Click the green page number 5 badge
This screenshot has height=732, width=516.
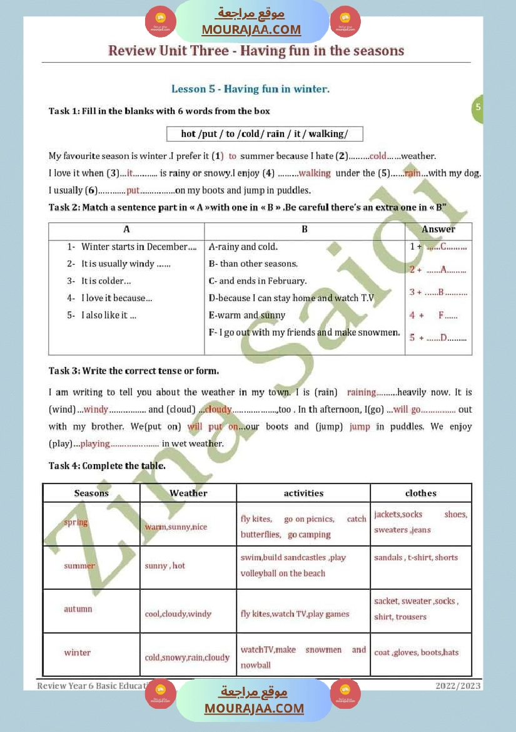pos(478,107)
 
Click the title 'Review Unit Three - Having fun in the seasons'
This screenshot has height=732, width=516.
pos(256,51)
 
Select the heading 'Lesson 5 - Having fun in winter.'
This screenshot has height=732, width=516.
pos(250,89)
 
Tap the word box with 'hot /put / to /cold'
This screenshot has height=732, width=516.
pos(264,133)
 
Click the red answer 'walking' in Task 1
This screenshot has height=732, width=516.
pos(315,173)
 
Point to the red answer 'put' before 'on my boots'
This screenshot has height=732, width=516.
pos(133,190)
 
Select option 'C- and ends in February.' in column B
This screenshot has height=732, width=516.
pos(258,281)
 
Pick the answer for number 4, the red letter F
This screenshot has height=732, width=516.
pos(441,316)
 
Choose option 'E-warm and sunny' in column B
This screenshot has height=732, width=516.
pos(247,316)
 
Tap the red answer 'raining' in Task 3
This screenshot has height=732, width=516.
pos(362,392)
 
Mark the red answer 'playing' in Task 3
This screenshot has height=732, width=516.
pos(95,443)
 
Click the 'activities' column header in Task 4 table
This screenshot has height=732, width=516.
pos(303,493)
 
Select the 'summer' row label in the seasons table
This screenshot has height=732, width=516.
pos(79,565)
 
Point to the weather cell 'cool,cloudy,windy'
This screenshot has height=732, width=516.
pos(178,614)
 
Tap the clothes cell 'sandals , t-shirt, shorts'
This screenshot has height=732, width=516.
pos(416,557)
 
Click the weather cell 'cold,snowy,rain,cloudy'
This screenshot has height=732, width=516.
pos(187,657)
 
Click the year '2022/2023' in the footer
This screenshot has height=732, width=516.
pos(458,686)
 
